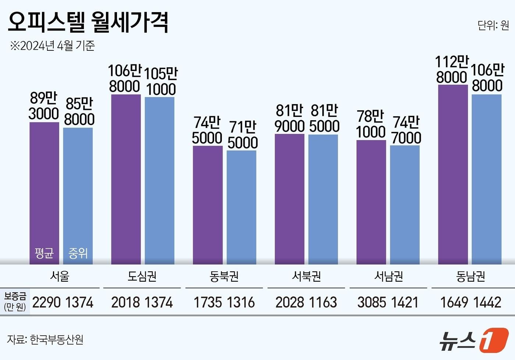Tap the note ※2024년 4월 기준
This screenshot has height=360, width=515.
tap(52, 46)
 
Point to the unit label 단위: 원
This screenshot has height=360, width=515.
tap(493, 25)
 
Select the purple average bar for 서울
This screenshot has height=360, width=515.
tap(44, 184)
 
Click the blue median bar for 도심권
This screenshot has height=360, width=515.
tap(160, 180)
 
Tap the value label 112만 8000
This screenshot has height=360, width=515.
tap(452, 69)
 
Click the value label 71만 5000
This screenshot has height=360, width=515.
tap(242, 135)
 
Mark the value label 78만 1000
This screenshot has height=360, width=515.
tap(371, 124)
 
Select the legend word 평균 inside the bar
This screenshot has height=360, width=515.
tap(44, 253)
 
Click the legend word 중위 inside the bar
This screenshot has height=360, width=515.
tap(78, 253)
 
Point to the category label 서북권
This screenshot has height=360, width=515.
tap(306, 276)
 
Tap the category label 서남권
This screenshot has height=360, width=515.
tap(388, 276)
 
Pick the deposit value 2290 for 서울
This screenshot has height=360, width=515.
tap(46, 303)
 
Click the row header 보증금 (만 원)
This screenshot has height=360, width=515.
tap(15, 302)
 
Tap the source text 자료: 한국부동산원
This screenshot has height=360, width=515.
tap(45, 339)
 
